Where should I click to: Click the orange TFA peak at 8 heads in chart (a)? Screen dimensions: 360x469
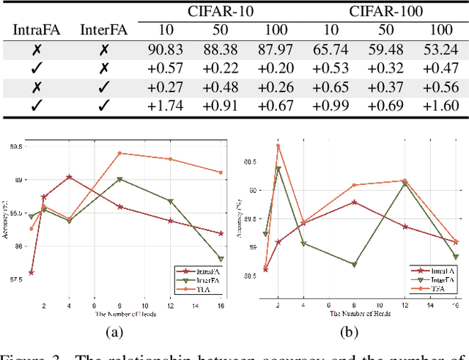[119, 153]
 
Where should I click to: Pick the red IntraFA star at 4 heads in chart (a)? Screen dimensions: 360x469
[69, 177]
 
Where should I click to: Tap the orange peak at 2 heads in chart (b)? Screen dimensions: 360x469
[278, 145]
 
